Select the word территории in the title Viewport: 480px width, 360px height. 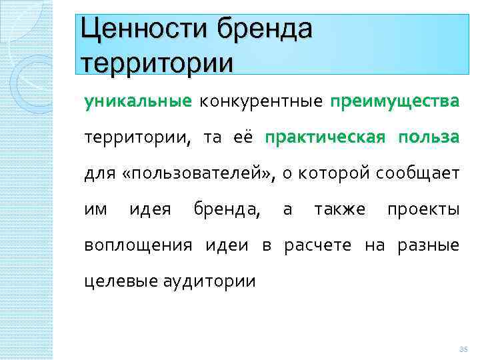pyautogui.click(x=157, y=63)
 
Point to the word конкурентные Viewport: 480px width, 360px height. pyautogui.click(x=260, y=101)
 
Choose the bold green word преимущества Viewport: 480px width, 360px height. pyautogui.click(x=394, y=101)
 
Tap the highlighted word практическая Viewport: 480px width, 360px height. pyautogui.click(x=325, y=137)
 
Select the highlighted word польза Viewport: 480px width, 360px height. pyautogui.click(x=429, y=137)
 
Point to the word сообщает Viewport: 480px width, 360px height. pyautogui.click(x=417, y=174)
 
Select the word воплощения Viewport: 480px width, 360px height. pyautogui.click(x=136, y=245)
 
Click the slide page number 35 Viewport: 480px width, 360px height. pyautogui.click(x=464, y=349)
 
